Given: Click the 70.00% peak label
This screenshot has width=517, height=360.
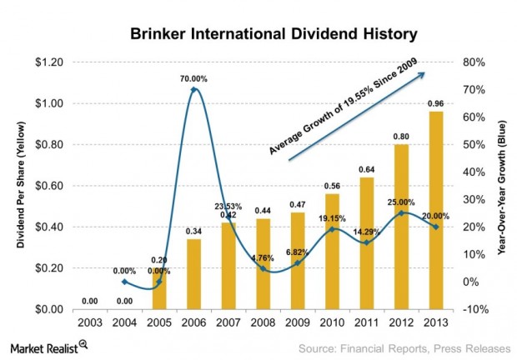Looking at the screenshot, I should pos(193,79).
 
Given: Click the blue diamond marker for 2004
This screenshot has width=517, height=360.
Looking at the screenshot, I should pos(123,282).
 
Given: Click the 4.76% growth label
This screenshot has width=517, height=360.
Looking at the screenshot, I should pos(263,257).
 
